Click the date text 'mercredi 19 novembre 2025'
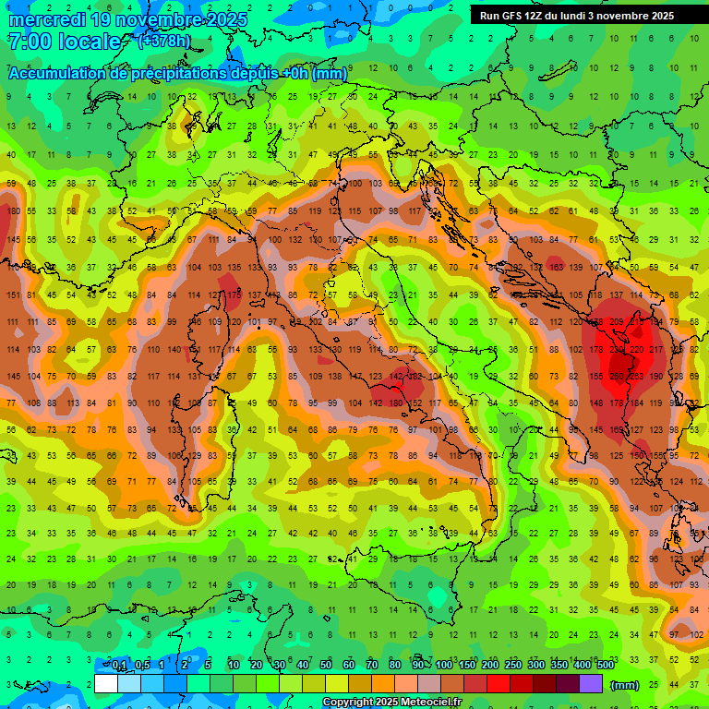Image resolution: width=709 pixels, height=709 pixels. click(x=127, y=19)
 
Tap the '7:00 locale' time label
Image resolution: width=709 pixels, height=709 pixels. click(x=65, y=42)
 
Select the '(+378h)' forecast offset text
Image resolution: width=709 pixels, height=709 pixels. click(x=164, y=42)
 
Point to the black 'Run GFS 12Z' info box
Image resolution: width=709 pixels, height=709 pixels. click(x=577, y=16)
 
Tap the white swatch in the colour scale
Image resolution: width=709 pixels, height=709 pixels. click(x=106, y=684)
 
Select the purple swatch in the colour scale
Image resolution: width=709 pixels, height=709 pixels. click(x=591, y=684)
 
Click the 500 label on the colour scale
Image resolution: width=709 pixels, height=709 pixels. click(x=606, y=666)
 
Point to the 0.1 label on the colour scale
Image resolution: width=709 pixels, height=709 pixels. click(x=119, y=666)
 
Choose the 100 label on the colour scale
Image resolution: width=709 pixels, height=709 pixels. click(x=444, y=666)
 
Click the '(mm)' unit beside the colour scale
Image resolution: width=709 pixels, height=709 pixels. click(x=625, y=685)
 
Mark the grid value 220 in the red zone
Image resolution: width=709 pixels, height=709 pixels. click(x=637, y=351)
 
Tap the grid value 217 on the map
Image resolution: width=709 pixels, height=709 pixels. click(x=656, y=351)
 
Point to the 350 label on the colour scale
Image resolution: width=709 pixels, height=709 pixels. click(x=559, y=666)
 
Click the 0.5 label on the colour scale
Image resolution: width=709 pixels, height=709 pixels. click(x=142, y=666)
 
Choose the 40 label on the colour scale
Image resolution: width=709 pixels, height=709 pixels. click(x=303, y=666)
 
